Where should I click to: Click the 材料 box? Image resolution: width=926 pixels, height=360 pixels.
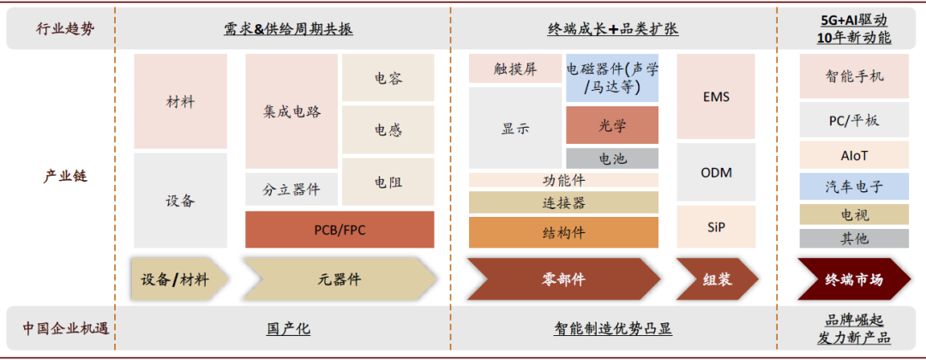pyautogui.click(x=180, y=102)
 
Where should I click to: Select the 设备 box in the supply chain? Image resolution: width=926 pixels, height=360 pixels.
pyautogui.click(x=180, y=201)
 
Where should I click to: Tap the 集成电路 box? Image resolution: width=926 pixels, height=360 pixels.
pyautogui.click(x=292, y=111)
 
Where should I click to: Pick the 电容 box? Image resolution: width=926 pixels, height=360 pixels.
pyautogui.click(x=388, y=78)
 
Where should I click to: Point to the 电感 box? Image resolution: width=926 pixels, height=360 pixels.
pyautogui.click(x=388, y=130)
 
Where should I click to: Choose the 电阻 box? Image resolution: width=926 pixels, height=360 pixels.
pyautogui.click(x=388, y=182)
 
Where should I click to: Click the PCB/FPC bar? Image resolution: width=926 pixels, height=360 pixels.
pyautogui.click(x=340, y=229)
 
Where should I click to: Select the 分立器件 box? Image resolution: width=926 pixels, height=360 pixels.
pyautogui.click(x=292, y=189)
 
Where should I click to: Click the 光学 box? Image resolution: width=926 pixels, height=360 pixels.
pyautogui.click(x=612, y=125)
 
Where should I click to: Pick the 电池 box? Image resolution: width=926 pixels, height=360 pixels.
pyautogui.click(x=612, y=159)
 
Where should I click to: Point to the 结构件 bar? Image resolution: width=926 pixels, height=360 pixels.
pyautogui.click(x=563, y=232)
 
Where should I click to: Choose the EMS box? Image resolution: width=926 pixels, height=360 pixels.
pyautogui.click(x=716, y=97)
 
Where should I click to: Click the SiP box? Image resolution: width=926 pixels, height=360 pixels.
pyautogui.click(x=716, y=227)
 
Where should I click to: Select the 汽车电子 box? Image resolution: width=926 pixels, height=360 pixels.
pyautogui.click(x=854, y=186)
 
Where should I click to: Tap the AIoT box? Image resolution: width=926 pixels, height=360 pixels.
pyautogui.click(x=854, y=155)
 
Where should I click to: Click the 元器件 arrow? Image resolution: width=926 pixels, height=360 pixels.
pyautogui.click(x=340, y=279)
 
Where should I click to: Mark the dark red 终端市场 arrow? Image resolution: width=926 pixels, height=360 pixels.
pyautogui.click(x=854, y=279)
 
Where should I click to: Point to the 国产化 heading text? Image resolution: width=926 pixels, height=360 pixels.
pyautogui.click(x=287, y=328)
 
